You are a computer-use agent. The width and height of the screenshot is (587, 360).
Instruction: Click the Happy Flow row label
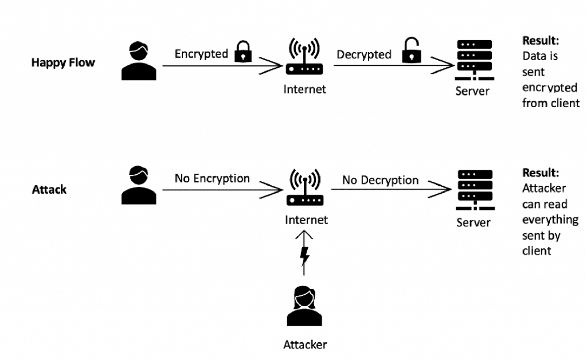click(62, 62)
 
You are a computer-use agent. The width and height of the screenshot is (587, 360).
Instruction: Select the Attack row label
click(49, 189)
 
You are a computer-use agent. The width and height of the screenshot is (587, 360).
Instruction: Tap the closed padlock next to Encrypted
click(244, 53)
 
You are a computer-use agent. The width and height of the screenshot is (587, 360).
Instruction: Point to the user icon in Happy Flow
click(139, 61)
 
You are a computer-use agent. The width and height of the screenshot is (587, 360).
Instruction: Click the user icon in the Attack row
click(139, 186)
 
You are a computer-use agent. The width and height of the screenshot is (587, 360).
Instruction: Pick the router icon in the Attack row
click(304, 188)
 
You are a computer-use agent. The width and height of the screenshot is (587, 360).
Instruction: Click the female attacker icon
click(304, 306)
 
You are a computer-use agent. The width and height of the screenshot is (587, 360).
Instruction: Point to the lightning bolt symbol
click(305, 256)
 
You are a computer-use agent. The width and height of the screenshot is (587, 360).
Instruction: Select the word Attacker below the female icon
click(305, 345)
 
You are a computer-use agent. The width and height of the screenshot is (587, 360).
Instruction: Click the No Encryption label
click(212, 178)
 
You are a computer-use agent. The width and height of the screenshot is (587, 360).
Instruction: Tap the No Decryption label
click(380, 180)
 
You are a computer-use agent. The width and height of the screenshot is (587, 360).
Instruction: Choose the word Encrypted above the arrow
click(201, 54)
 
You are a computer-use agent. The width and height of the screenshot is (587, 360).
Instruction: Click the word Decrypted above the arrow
click(364, 54)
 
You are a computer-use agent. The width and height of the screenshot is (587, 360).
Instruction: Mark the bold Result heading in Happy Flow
click(540, 41)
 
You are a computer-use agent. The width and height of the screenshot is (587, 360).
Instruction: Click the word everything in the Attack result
click(550, 220)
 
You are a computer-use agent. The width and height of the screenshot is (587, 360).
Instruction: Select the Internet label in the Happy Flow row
click(304, 89)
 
